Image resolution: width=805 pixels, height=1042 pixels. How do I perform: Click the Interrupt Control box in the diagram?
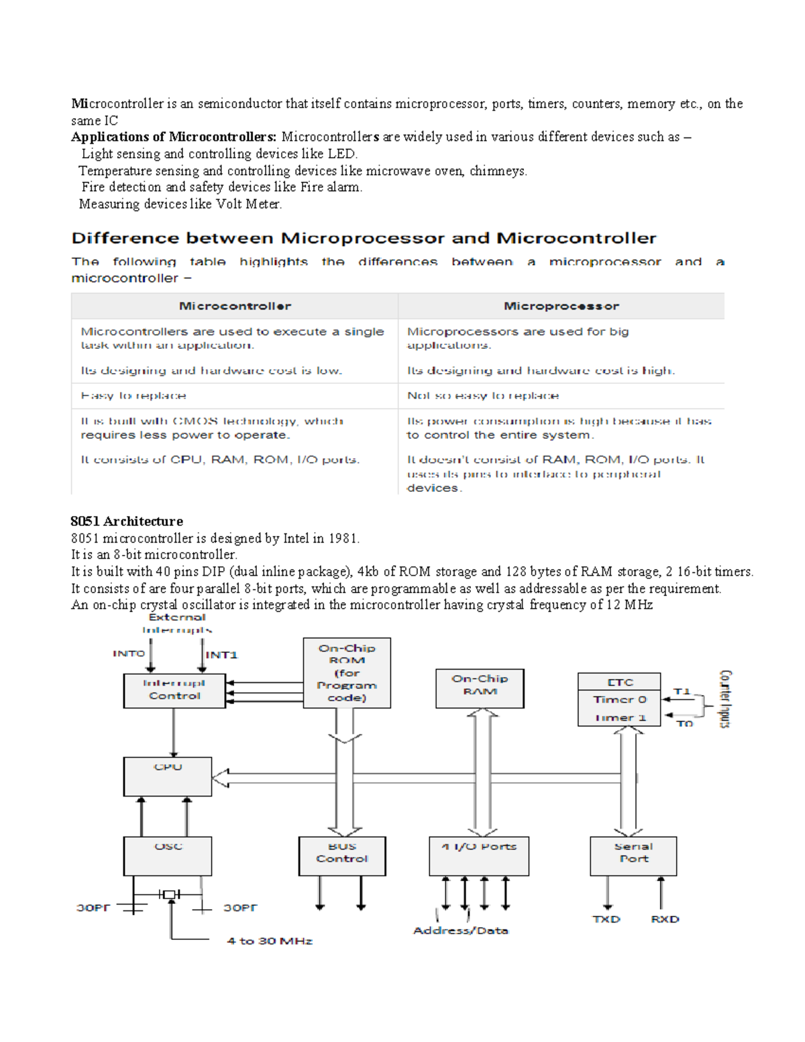coord(174,690)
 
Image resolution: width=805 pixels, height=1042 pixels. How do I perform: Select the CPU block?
coord(168,776)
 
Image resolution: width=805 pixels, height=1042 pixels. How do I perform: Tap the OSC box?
coord(168,855)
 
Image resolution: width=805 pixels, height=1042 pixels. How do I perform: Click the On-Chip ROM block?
coord(347,672)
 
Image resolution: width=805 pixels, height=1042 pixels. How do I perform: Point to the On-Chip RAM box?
coord(480,688)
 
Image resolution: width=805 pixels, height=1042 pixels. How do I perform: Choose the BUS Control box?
coord(342,855)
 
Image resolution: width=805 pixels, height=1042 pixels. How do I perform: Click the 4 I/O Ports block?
coord(479,855)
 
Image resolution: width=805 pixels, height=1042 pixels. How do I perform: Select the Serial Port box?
coord(633,855)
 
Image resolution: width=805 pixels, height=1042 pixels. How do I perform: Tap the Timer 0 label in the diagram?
coord(619,700)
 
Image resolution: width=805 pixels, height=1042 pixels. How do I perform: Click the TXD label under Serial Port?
coord(606,919)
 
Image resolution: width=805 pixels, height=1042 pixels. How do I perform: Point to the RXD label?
coord(665,919)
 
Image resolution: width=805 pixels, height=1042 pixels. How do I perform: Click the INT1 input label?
coord(221,655)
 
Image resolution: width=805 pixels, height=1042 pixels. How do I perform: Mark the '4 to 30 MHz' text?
coord(270,941)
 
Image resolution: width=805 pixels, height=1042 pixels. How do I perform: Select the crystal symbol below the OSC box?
coord(170,894)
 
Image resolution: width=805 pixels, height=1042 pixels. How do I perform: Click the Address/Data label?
coord(461,931)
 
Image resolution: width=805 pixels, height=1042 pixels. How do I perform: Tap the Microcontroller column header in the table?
coord(235,306)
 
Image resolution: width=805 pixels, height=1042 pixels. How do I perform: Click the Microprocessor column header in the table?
coord(561,306)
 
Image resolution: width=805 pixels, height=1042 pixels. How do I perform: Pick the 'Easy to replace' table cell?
coord(133,396)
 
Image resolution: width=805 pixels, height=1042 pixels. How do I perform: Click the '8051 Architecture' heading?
coord(127,521)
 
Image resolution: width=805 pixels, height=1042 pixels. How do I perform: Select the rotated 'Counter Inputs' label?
coord(725,698)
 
